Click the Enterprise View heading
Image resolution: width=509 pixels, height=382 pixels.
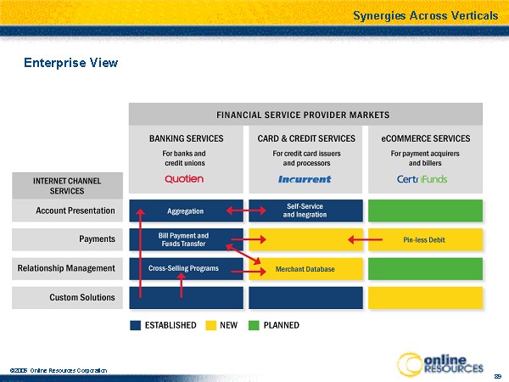point(70,63)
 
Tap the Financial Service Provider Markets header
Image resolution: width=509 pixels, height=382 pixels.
point(304,115)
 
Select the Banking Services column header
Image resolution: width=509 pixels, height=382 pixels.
point(186,138)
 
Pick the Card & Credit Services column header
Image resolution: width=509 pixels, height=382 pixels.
point(305,138)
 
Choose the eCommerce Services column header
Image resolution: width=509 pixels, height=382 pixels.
point(425,138)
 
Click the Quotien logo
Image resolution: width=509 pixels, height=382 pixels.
point(184,179)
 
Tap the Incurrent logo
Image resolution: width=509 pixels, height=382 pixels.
point(305,179)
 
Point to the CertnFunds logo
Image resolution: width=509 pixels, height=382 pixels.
point(422,179)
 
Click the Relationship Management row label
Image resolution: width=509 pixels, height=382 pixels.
point(66,268)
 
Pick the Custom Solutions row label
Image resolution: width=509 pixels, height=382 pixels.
point(81,297)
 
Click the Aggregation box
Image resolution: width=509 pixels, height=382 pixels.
point(184,211)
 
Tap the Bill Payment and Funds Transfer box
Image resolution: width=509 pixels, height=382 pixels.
point(184,239)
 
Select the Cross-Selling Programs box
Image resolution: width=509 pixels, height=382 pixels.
point(184,268)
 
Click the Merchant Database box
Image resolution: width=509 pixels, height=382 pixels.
point(305,269)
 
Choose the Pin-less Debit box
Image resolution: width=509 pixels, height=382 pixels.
point(424,239)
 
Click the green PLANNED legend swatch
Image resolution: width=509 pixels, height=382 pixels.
point(253,325)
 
